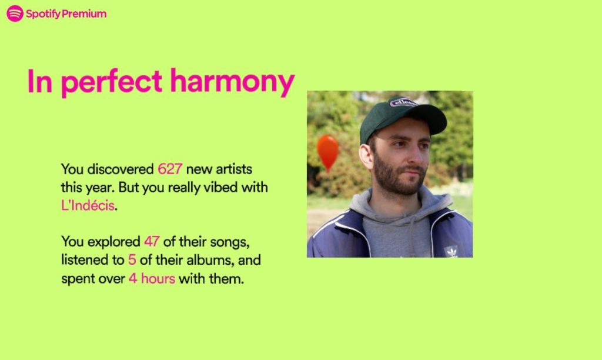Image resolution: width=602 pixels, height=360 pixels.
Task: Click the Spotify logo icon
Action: click(x=15, y=14)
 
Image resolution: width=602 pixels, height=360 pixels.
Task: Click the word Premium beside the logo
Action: click(x=84, y=14)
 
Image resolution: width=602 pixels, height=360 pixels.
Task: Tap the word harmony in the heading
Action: click(x=232, y=82)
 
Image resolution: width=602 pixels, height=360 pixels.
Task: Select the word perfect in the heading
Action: click(x=111, y=82)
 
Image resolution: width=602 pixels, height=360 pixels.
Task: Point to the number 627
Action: click(x=170, y=169)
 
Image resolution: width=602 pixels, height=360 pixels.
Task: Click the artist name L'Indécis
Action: click(x=88, y=205)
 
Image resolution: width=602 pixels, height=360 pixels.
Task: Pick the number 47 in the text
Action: click(x=152, y=242)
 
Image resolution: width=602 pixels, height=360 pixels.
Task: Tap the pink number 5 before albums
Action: click(x=132, y=260)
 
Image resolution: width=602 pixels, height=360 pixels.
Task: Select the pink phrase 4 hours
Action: click(x=152, y=279)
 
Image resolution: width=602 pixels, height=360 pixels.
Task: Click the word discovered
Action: click(x=121, y=169)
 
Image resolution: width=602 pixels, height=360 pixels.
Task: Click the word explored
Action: click(x=113, y=242)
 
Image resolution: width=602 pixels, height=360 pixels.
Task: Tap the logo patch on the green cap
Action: click(x=403, y=102)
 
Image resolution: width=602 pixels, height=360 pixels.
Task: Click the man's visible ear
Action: click(x=366, y=156)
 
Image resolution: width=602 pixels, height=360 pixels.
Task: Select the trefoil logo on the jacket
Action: click(x=451, y=251)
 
